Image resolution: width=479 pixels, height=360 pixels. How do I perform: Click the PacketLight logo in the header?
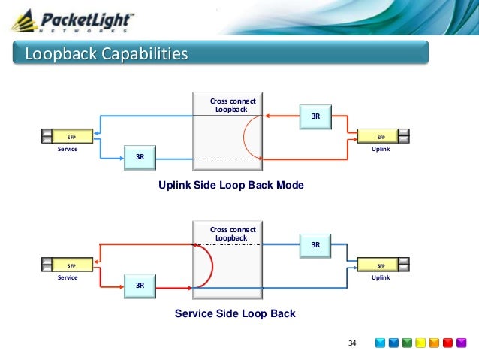click(75, 20)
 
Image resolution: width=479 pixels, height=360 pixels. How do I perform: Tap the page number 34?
click(351, 343)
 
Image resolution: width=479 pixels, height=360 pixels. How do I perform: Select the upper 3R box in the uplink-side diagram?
click(315, 116)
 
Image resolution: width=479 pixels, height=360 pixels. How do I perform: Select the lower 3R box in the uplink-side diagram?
click(140, 157)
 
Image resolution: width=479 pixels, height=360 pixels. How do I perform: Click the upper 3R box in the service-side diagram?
click(315, 244)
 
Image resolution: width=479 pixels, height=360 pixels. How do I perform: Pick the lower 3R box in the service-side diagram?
click(140, 285)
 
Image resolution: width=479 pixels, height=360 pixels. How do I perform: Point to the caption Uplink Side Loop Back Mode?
click(230, 185)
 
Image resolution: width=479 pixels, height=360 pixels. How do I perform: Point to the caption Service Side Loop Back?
click(235, 313)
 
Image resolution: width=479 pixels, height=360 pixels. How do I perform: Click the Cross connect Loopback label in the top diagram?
click(232, 105)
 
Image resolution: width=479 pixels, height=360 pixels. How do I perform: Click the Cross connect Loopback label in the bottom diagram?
click(232, 234)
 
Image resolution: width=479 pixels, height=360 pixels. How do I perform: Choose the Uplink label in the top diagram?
click(381, 150)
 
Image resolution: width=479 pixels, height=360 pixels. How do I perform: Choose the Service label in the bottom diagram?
click(68, 277)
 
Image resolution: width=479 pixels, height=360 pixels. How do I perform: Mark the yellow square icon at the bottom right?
click(421, 343)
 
